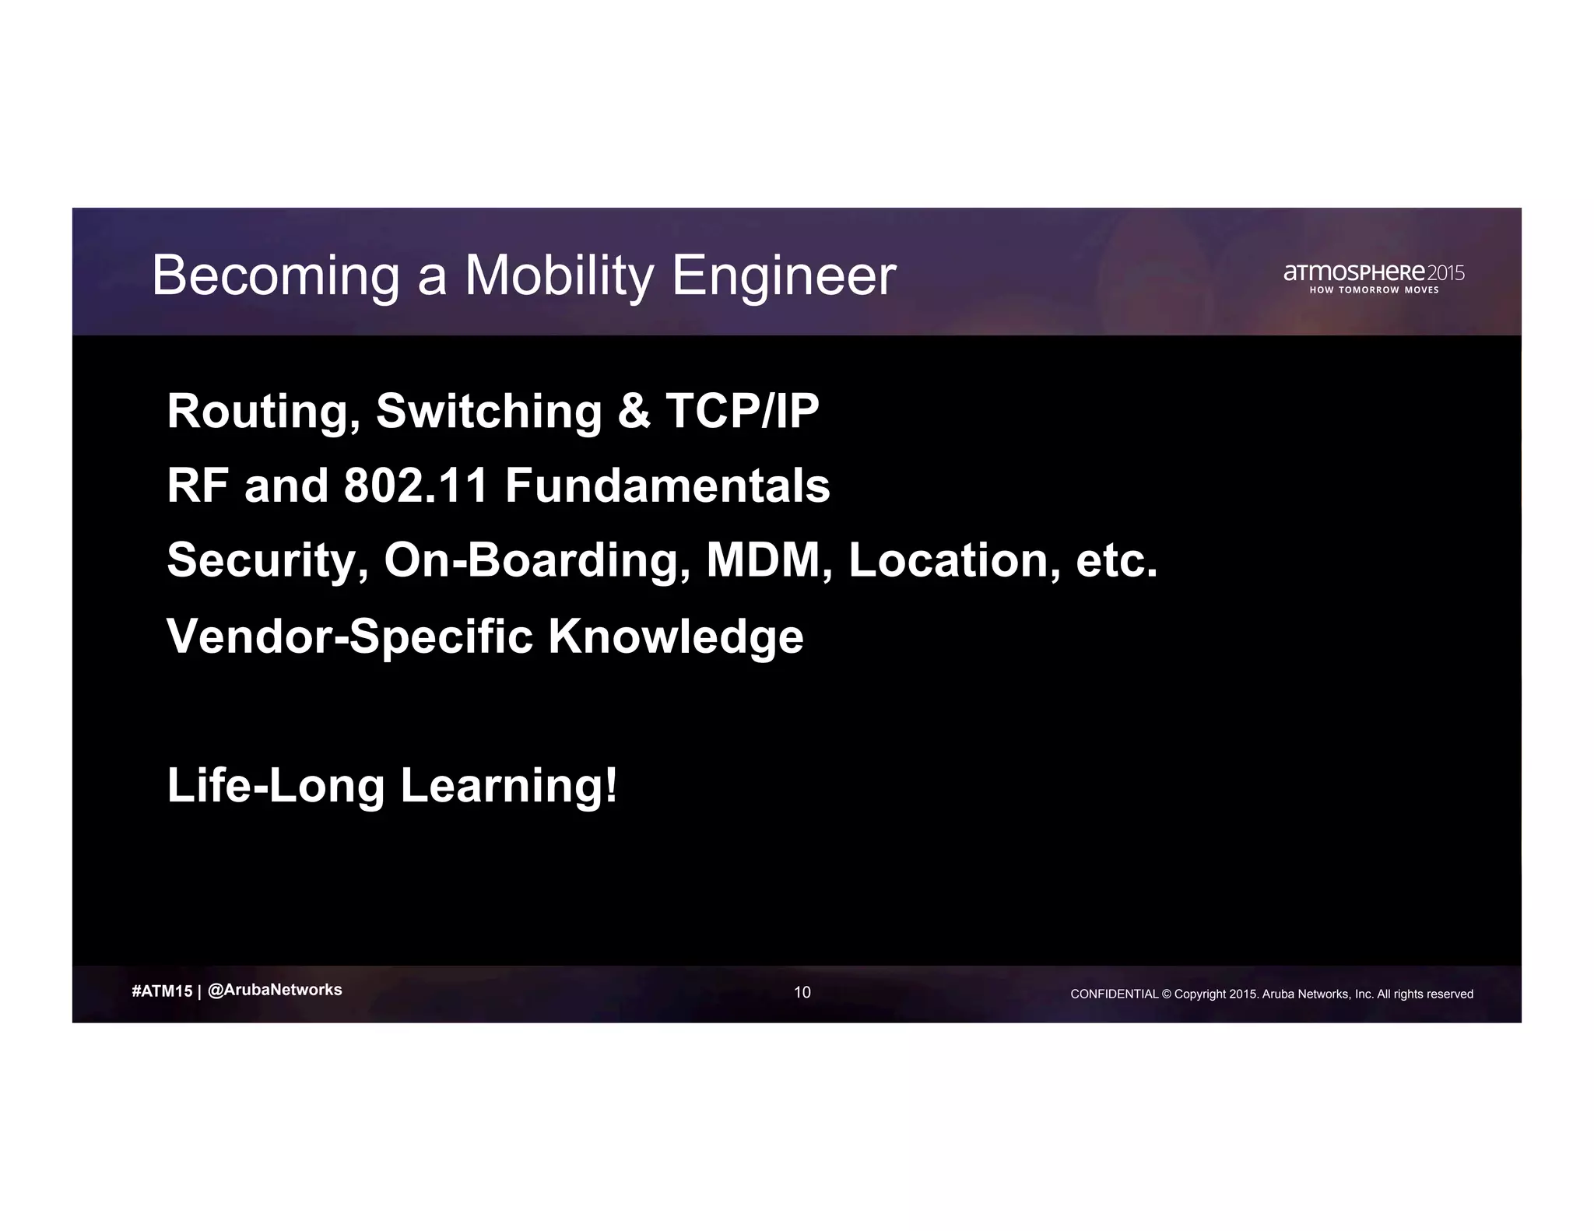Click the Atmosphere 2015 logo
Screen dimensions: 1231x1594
[x=1374, y=273]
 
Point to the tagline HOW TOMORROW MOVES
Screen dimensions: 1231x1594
[x=1374, y=290]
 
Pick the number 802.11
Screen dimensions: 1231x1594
[x=416, y=486]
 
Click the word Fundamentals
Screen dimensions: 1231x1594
[x=667, y=486]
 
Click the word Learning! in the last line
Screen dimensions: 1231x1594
[x=509, y=785]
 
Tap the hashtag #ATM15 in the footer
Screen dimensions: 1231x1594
[x=162, y=991]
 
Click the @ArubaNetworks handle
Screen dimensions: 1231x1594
[x=276, y=990]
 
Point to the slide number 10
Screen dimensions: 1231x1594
[x=802, y=992]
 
